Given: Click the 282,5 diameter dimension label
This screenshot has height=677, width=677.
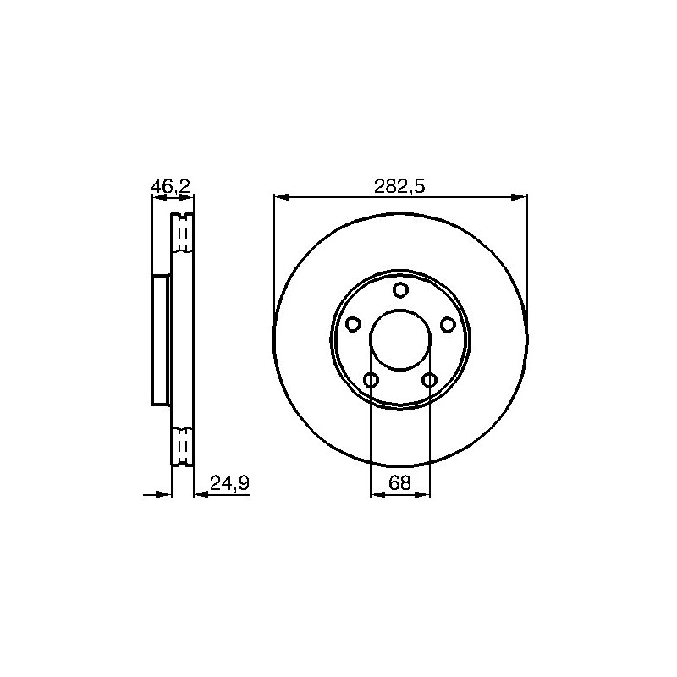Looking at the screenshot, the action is pos(399,186).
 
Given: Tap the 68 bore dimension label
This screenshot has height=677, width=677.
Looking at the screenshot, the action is pos(399,482).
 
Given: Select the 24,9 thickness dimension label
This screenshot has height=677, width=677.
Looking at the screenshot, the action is pos(229,483).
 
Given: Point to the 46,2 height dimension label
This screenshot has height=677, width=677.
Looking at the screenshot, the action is pos(171,186).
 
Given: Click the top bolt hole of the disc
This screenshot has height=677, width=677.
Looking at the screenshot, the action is pos(400,289).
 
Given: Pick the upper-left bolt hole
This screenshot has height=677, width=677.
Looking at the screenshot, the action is pos(354,324).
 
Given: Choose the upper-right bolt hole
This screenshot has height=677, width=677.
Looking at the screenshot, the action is pos(448,324).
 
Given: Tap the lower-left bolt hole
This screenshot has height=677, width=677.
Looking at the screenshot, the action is pos(372,380).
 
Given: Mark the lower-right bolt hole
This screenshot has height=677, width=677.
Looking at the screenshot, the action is pos(429,380).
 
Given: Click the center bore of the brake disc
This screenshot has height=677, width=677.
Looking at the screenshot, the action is pos(400,339).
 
